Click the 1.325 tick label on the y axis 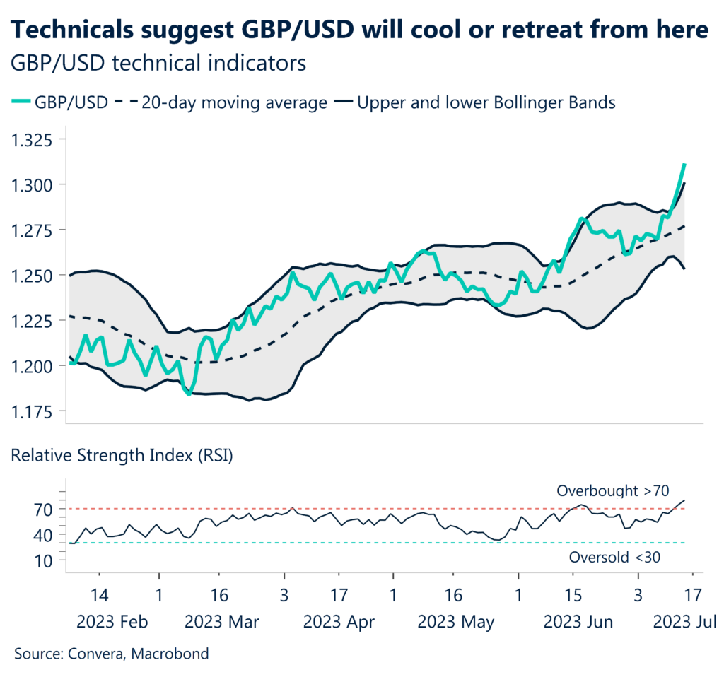click(x=33, y=139)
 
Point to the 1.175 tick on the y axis click(x=33, y=411)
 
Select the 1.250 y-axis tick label click(x=33, y=275)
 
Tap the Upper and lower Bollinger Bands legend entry click(x=486, y=102)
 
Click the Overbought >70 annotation click(x=613, y=490)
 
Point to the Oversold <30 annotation click(x=614, y=558)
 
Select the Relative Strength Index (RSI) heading click(x=122, y=455)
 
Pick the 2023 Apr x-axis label click(x=339, y=623)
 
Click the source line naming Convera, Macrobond click(x=112, y=654)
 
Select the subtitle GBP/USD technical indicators click(x=159, y=63)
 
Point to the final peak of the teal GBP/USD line click(x=684, y=165)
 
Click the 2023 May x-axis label click(x=456, y=623)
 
